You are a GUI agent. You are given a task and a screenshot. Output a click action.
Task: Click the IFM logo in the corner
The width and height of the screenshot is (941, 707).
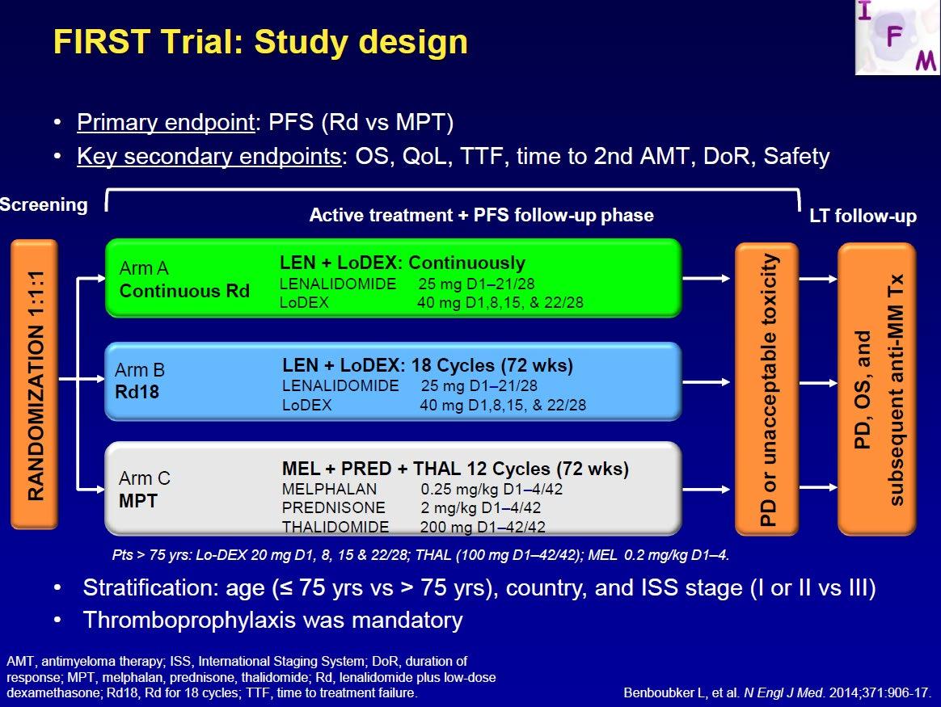click(898, 37)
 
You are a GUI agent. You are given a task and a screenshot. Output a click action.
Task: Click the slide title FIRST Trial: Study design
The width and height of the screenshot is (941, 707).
click(260, 42)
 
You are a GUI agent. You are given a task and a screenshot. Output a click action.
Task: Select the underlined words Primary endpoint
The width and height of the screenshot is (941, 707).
click(167, 122)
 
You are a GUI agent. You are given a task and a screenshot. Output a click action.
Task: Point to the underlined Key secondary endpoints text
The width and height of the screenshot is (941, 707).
click(209, 157)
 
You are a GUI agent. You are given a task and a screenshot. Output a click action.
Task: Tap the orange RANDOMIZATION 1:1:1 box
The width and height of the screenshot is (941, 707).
click(34, 385)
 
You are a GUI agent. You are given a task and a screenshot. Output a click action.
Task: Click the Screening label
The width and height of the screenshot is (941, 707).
click(44, 204)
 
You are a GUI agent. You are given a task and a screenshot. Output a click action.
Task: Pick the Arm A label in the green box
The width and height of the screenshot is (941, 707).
click(144, 268)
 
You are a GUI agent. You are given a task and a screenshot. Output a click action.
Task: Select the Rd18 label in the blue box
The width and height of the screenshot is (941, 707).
click(137, 392)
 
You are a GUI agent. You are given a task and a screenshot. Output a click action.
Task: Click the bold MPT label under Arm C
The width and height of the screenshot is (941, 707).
click(138, 501)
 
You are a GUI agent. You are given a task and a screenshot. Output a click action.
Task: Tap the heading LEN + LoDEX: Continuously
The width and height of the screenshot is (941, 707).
click(402, 263)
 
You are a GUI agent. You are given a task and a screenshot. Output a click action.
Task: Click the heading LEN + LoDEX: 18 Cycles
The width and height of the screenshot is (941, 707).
click(428, 365)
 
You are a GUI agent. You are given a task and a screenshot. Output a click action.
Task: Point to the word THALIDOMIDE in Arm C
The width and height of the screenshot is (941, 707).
click(335, 527)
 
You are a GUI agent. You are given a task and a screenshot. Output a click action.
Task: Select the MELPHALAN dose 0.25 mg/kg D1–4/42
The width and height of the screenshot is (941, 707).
click(492, 490)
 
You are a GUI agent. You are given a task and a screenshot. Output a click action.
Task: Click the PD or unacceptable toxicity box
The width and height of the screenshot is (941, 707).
click(766, 389)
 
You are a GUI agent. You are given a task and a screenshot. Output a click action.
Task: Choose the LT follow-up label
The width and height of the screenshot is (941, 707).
click(863, 216)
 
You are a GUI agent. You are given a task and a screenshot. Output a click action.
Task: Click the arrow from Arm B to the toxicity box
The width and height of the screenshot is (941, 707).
click(707, 382)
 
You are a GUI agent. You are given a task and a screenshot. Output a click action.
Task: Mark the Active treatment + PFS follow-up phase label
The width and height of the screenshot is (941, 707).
click(481, 215)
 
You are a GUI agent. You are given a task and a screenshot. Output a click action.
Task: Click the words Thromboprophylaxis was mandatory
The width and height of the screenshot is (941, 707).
click(273, 620)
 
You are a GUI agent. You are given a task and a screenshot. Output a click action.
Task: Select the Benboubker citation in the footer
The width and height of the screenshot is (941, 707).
click(778, 692)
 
